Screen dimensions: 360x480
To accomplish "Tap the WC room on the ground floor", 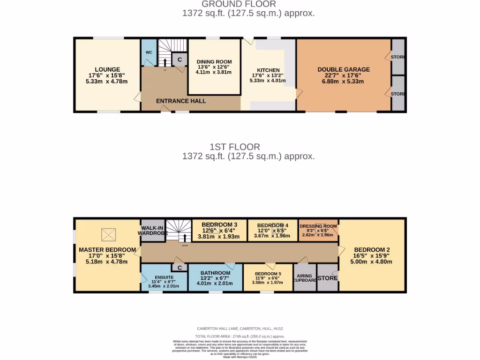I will point(149,52).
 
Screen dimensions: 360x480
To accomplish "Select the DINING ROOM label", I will point(214,62).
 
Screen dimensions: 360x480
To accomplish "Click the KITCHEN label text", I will point(268,70).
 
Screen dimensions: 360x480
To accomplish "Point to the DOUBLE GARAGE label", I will point(343,69).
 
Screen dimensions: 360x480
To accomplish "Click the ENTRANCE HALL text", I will point(180,101).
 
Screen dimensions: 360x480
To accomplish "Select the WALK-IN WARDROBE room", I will point(152,230).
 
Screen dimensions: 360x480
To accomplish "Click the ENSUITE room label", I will point(164,277).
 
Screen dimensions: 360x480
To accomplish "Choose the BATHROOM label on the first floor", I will point(215,273).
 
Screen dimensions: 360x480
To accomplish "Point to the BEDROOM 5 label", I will point(268,274).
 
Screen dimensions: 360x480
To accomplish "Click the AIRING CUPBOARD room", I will point(305,277).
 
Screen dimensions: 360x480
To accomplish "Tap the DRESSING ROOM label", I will point(318,226).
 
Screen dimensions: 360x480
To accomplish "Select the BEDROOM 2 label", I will point(372,249).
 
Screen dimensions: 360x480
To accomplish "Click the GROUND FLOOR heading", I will point(248,4).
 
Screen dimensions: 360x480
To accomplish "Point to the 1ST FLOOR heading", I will point(248,147).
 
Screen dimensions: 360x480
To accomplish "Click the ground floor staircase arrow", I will point(165,62).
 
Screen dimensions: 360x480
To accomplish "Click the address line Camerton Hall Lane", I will point(240,330).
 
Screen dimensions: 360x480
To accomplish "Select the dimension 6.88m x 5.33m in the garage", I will point(343,82).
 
